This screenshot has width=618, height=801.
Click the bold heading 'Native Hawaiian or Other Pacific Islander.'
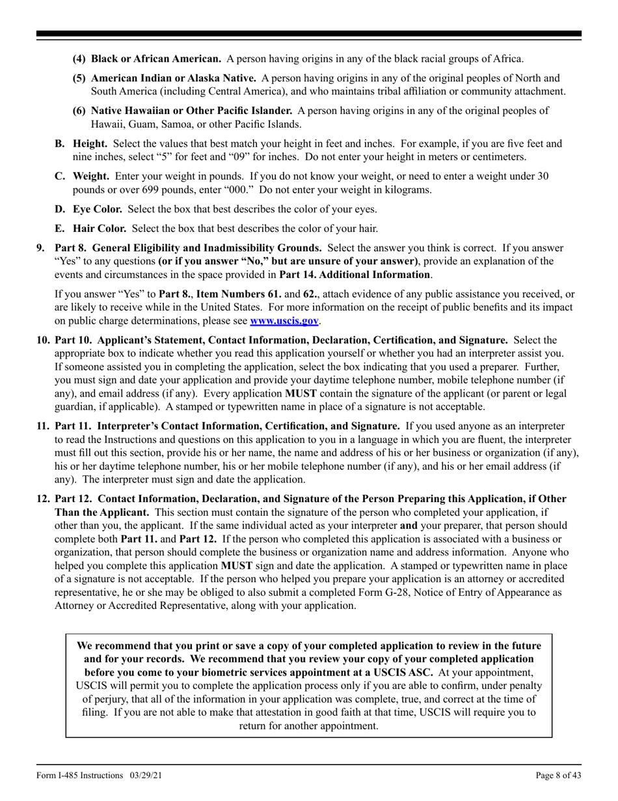(x=191, y=111)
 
